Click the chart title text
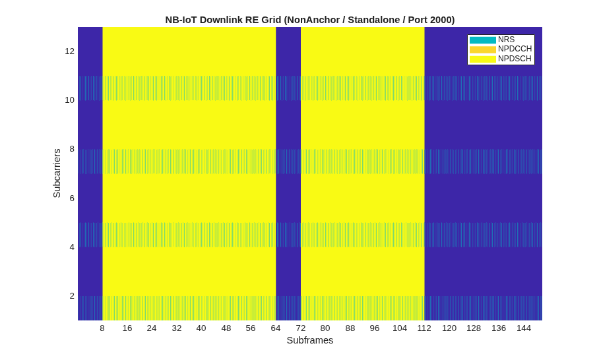click(310, 20)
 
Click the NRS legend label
click(506, 40)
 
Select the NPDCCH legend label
click(515, 49)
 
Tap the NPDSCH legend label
click(515, 59)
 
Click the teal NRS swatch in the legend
click(483, 40)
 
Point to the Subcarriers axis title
click(57, 173)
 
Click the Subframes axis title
click(310, 340)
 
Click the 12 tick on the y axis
click(69, 51)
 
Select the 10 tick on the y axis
click(69, 100)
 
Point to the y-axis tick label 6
click(72, 198)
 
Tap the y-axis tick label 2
click(72, 296)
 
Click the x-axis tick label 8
click(102, 328)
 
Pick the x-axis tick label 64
click(276, 328)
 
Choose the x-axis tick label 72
click(300, 328)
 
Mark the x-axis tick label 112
click(424, 328)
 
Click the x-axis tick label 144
click(523, 328)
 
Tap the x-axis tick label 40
click(201, 328)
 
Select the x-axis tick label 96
click(375, 328)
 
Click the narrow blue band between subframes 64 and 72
click(288, 173)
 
